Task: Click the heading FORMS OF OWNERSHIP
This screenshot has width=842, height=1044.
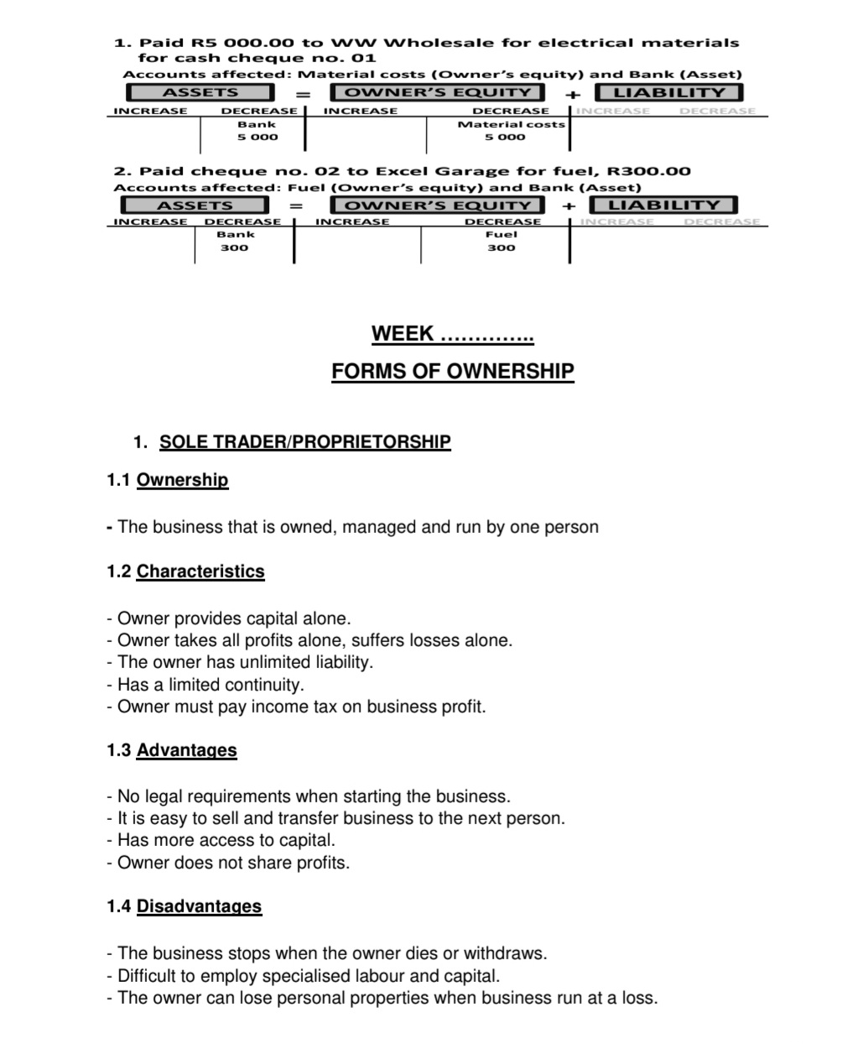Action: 452,371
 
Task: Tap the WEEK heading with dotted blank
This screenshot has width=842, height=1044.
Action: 452,334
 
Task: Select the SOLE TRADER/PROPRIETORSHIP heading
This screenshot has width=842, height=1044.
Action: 304,441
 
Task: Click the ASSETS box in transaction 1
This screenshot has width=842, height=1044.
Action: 200,93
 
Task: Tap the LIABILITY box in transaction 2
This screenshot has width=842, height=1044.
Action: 663,205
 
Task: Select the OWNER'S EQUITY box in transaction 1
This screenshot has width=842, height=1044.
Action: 438,93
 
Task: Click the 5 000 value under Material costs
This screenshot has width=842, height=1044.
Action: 505,137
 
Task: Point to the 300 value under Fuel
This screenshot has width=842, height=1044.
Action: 502,248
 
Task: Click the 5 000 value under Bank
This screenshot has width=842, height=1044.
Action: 257,137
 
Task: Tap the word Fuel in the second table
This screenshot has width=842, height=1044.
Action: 502,235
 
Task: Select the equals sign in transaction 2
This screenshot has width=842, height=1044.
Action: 296,206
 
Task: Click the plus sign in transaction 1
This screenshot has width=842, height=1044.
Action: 571,94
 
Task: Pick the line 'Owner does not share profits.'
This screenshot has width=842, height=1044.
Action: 228,863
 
